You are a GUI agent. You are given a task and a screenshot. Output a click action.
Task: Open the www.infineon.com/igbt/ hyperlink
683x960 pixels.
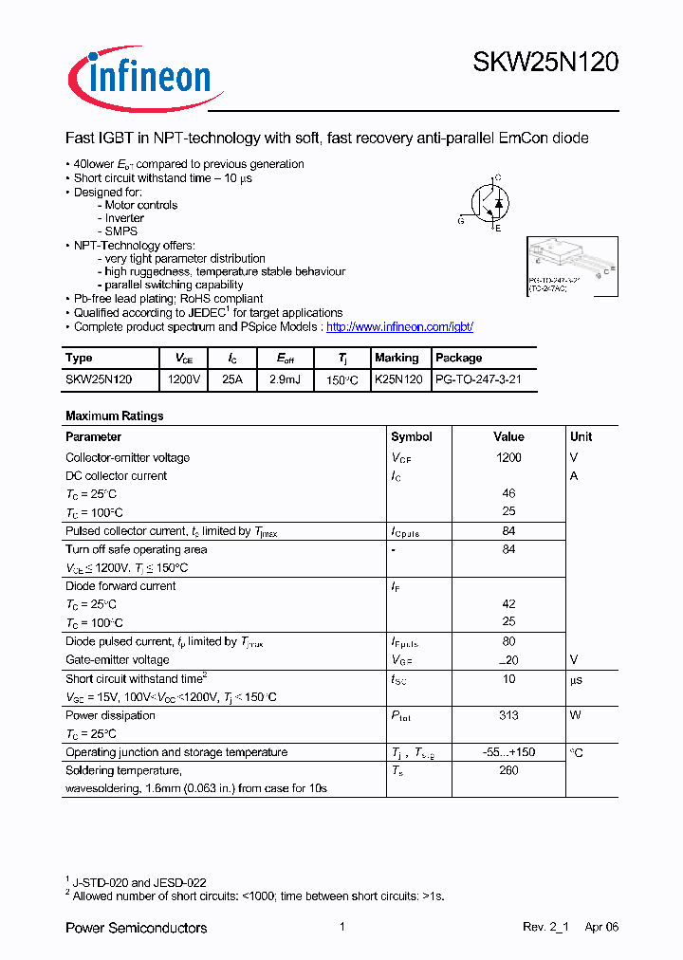point(399,327)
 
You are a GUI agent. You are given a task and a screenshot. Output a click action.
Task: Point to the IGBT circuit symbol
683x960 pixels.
point(487,202)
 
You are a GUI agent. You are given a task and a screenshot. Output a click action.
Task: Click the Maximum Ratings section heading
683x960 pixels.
point(114,415)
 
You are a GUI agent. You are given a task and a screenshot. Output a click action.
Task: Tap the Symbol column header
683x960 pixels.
point(412,437)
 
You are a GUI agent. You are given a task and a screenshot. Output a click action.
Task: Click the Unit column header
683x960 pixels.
point(581,437)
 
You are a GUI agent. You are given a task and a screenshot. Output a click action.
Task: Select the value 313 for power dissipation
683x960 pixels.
point(508,716)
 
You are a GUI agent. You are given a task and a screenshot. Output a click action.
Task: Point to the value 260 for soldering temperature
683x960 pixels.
point(508,770)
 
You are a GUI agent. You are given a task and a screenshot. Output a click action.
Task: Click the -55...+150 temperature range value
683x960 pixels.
point(508,752)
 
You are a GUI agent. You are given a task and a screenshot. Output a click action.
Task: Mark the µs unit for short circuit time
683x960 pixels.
point(576,680)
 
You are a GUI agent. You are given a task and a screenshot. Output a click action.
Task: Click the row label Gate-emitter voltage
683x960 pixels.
point(118,660)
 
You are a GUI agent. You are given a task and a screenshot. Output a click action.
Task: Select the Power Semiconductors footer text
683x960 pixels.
point(136,928)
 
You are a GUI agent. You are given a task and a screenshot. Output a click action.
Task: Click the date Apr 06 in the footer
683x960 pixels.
point(601,928)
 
